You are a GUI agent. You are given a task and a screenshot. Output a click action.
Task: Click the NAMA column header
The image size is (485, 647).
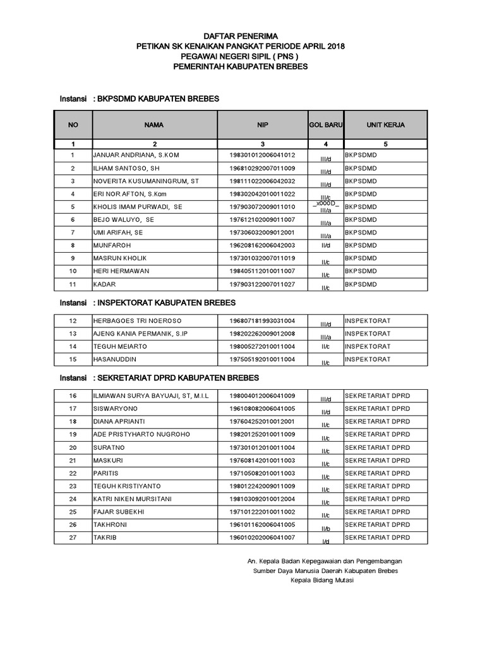pyautogui.click(x=153, y=125)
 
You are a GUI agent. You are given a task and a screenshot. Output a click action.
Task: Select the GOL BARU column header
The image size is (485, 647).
pyautogui.click(x=325, y=125)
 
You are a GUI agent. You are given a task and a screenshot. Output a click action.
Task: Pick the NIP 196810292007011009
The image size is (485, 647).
pyautogui.click(x=262, y=168)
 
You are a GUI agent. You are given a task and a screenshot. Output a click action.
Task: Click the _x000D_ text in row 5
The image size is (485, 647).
pyautogui.click(x=325, y=203)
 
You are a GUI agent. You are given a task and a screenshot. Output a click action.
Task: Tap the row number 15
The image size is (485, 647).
pyautogui.click(x=73, y=360)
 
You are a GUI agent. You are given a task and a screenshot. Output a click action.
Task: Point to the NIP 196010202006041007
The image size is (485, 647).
pyautogui.click(x=262, y=537)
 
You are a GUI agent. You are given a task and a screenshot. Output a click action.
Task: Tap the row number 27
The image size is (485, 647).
pyautogui.click(x=73, y=537)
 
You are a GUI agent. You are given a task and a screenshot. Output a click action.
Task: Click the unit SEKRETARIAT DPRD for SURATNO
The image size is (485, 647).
pyautogui.click(x=377, y=447)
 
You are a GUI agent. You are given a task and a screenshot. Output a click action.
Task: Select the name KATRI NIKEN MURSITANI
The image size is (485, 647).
pyautogui.click(x=133, y=499)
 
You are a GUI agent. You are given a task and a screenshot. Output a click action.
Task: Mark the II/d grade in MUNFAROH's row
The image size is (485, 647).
pyautogui.click(x=325, y=245)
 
